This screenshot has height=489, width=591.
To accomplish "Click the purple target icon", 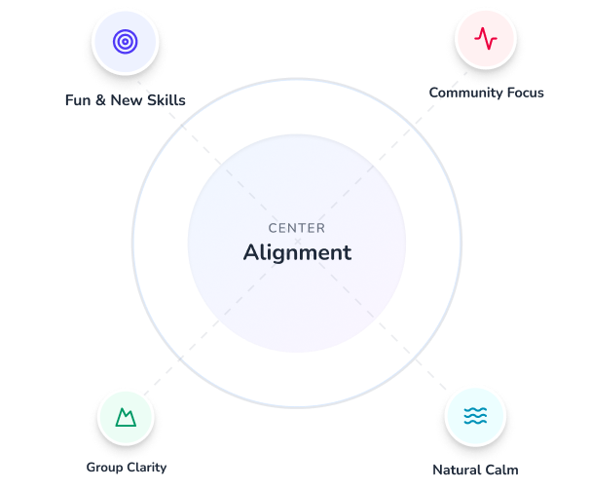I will point(124,41).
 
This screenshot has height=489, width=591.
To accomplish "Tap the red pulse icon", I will point(485,39).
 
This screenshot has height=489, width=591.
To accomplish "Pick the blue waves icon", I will point(475,417).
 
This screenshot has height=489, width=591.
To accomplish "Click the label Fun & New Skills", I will point(125,100).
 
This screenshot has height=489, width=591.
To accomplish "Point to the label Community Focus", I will point(486,93).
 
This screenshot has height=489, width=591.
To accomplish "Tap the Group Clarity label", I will point(126,467).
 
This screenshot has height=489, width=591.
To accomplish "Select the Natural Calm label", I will point(475,470).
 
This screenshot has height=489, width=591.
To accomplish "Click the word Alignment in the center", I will point(296,252).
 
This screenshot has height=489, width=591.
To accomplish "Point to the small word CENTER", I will point(296,228).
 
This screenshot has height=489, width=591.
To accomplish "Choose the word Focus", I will point(523,93).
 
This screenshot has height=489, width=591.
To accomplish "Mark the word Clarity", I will point(145,467).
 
